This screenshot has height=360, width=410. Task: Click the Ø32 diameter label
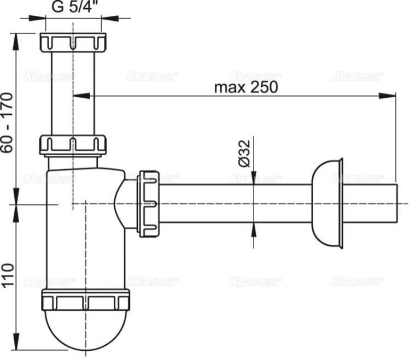click(244, 154)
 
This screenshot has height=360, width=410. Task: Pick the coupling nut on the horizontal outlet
click(149, 203)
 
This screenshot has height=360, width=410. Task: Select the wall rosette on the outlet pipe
click(327, 203)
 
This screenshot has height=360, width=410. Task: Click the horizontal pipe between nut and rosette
click(235, 203)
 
